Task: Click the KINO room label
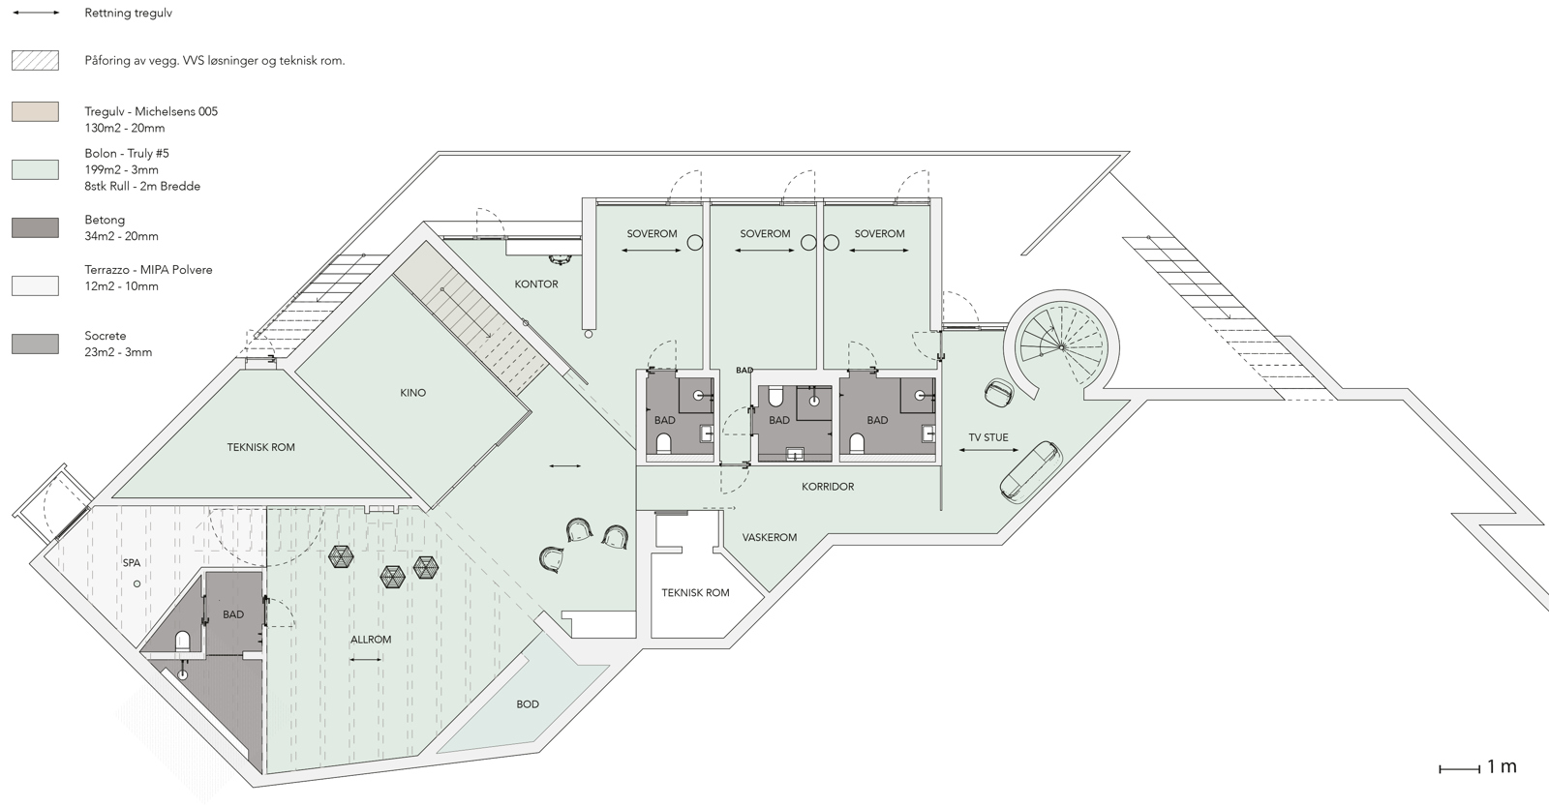[x=412, y=393]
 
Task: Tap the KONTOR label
[x=536, y=284]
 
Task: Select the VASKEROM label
[x=770, y=537]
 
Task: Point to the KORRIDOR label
[x=828, y=487]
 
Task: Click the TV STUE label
[x=988, y=437]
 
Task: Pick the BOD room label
[x=528, y=704]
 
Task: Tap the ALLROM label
[x=371, y=640]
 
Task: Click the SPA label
[x=132, y=562]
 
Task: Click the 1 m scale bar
[x=1460, y=769]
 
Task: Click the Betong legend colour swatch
[x=35, y=228]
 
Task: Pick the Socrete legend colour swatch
[x=35, y=344]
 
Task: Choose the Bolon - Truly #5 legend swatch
[x=35, y=169]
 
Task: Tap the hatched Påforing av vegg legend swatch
[x=35, y=61]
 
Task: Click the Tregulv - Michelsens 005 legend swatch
[x=35, y=112]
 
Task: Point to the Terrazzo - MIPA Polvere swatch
[x=35, y=285]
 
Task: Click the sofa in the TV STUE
[x=1028, y=471]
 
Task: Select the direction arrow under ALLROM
[x=366, y=660]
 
